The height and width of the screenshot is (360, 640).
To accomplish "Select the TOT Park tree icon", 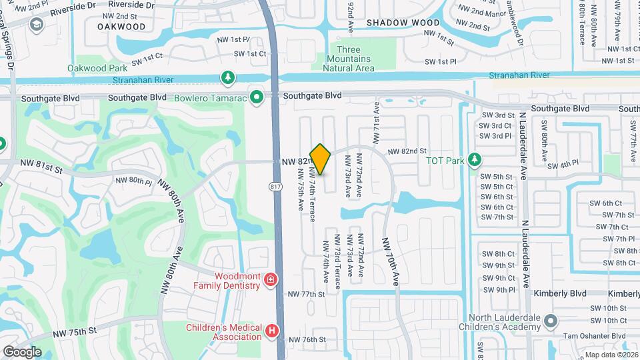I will click(474, 160).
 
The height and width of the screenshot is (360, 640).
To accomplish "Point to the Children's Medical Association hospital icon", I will click(271, 331).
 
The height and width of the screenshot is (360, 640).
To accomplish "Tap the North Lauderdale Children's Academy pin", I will click(551, 321).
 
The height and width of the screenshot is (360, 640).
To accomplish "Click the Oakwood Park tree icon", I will click(228, 78).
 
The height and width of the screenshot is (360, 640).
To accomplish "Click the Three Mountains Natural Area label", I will click(349, 59).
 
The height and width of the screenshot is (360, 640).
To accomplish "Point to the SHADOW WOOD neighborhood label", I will click(403, 23).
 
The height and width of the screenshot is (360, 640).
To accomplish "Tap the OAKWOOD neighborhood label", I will click(121, 27).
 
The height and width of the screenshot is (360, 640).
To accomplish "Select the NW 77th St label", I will click(305, 294).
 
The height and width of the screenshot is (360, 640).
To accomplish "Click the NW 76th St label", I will click(307, 339).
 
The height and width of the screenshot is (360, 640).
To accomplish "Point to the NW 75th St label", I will click(78, 330).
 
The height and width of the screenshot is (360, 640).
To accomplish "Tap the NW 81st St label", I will click(41, 170).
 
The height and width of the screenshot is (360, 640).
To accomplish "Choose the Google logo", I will click(22, 351).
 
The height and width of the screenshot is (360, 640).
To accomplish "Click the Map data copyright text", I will click(611, 355).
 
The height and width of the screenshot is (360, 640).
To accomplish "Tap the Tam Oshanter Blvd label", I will click(597, 336).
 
